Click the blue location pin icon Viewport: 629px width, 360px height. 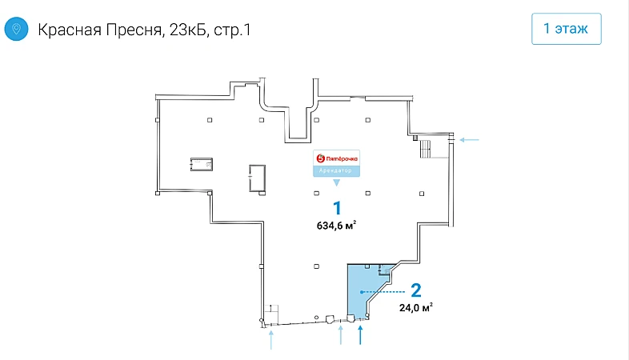click(16, 29)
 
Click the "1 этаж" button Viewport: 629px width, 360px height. click(566, 29)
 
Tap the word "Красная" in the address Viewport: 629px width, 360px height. click(70, 30)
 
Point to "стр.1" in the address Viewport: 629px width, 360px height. click(232, 30)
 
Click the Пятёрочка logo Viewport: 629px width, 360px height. click(337, 158)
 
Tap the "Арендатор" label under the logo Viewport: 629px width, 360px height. click(336, 170)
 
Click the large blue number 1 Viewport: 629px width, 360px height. click(337, 209)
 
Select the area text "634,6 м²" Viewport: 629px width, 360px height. click(336, 226)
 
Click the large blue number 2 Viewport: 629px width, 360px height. click(416, 290)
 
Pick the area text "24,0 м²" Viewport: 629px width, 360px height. click(415, 307)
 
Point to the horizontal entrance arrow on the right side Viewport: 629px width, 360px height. click(469, 140)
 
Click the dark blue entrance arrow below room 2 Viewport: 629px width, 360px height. click(360, 335)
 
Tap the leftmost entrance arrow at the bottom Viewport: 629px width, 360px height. click(271, 340)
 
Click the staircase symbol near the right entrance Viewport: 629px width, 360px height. click(425, 149)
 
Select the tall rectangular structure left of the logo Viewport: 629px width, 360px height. click(257, 178)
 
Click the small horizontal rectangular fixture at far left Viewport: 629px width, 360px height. click(202, 164)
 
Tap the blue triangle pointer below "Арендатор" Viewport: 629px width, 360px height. click(337, 183)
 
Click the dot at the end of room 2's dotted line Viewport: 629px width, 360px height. click(362, 292)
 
